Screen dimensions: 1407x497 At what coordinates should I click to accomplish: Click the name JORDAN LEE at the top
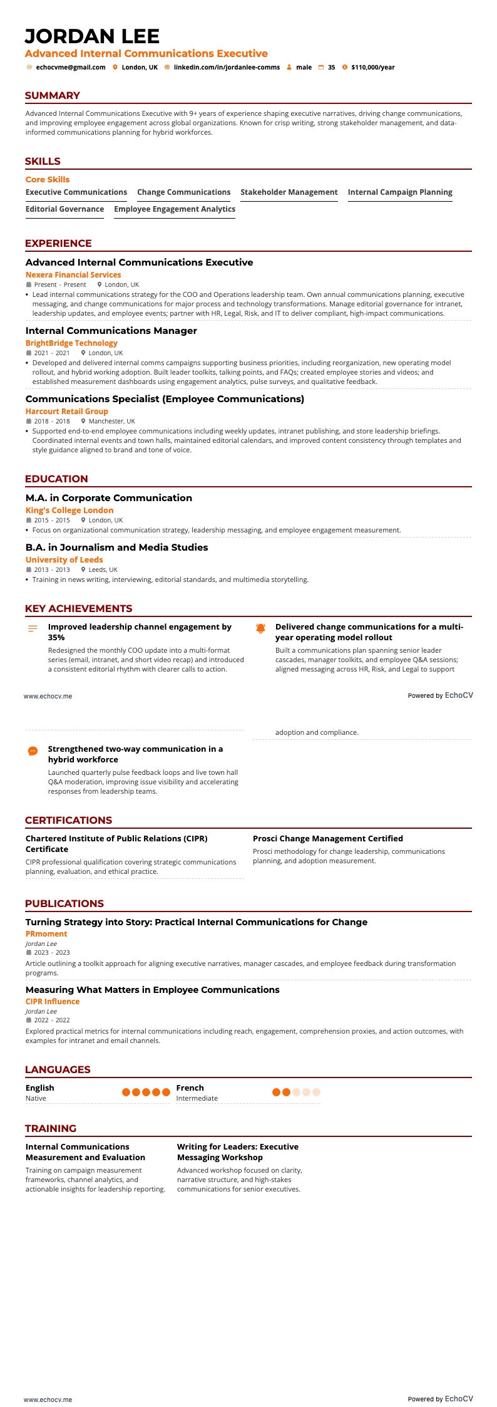[x=92, y=36]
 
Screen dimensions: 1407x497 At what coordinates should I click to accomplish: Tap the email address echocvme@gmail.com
[x=70, y=67]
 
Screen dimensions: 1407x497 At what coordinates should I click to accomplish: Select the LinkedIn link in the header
[x=227, y=67]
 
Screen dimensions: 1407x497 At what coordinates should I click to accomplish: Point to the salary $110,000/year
[x=372, y=67]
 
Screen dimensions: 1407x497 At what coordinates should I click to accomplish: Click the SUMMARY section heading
[x=53, y=96]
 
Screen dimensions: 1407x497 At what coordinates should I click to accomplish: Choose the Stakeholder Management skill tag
[x=289, y=192]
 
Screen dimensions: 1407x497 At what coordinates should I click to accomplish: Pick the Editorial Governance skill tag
[x=64, y=209]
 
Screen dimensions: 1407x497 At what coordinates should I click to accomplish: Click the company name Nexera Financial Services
[x=73, y=275]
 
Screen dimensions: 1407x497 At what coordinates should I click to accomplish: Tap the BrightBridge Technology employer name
[x=71, y=343]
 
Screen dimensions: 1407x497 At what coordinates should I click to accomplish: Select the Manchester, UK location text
[x=111, y=422]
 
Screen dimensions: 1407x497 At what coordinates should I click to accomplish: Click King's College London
[x=69, y=511]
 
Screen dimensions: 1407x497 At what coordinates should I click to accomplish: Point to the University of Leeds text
[x=64, y=560]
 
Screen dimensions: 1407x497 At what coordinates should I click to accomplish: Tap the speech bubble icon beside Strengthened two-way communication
[x=33, y=750]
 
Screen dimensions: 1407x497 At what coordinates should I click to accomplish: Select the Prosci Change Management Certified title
[x=327, y=839]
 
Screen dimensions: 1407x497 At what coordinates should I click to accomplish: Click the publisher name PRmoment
[x=46, y=934]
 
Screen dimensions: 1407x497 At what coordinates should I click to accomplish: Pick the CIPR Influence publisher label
[x=53, y=1002]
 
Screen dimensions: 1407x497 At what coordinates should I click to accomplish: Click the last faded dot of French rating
[x=316, y=1092]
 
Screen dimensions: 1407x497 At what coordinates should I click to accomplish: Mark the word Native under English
[x=36, y=1098]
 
